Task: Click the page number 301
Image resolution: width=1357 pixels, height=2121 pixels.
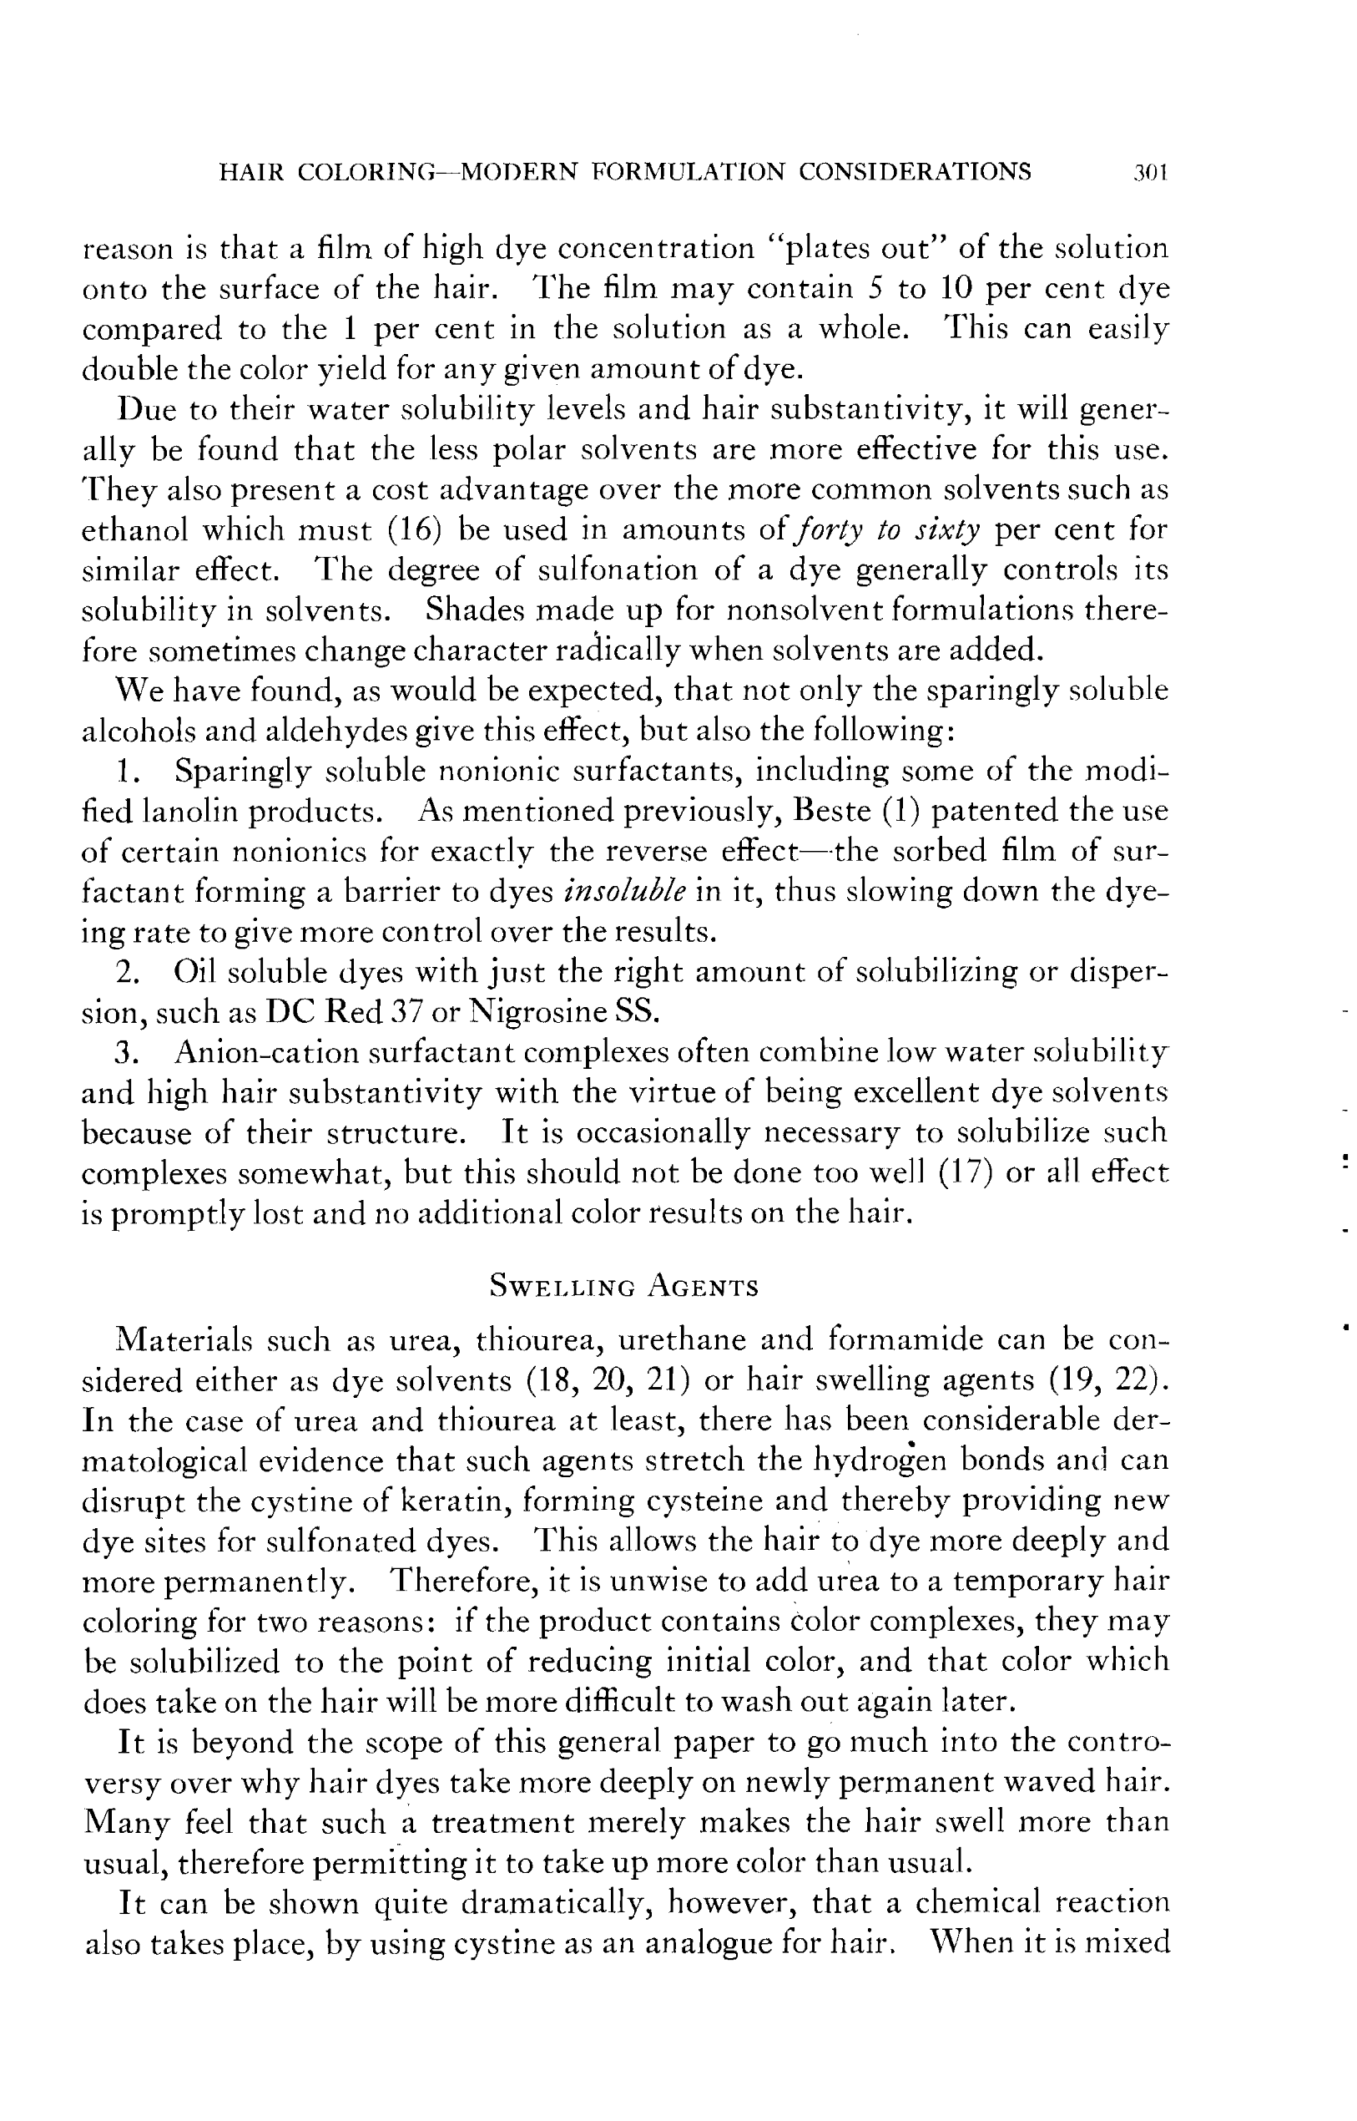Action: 1151,172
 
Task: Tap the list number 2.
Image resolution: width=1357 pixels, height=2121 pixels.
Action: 128,971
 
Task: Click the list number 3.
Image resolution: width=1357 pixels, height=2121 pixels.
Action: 128,1052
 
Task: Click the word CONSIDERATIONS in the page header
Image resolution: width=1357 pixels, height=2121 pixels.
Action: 915,172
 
